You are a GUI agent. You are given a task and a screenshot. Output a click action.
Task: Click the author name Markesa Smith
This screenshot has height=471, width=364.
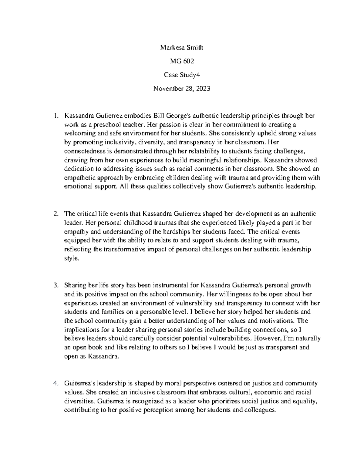(182, 47)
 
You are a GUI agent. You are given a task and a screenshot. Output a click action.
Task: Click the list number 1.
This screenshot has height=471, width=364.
(55, 116)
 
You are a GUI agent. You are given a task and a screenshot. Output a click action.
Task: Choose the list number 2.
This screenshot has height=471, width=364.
(55, 214)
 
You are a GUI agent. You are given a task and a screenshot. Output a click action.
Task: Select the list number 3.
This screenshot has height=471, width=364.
(55, 285)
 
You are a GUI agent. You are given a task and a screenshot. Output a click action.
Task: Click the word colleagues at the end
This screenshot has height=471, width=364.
(260, 410)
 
